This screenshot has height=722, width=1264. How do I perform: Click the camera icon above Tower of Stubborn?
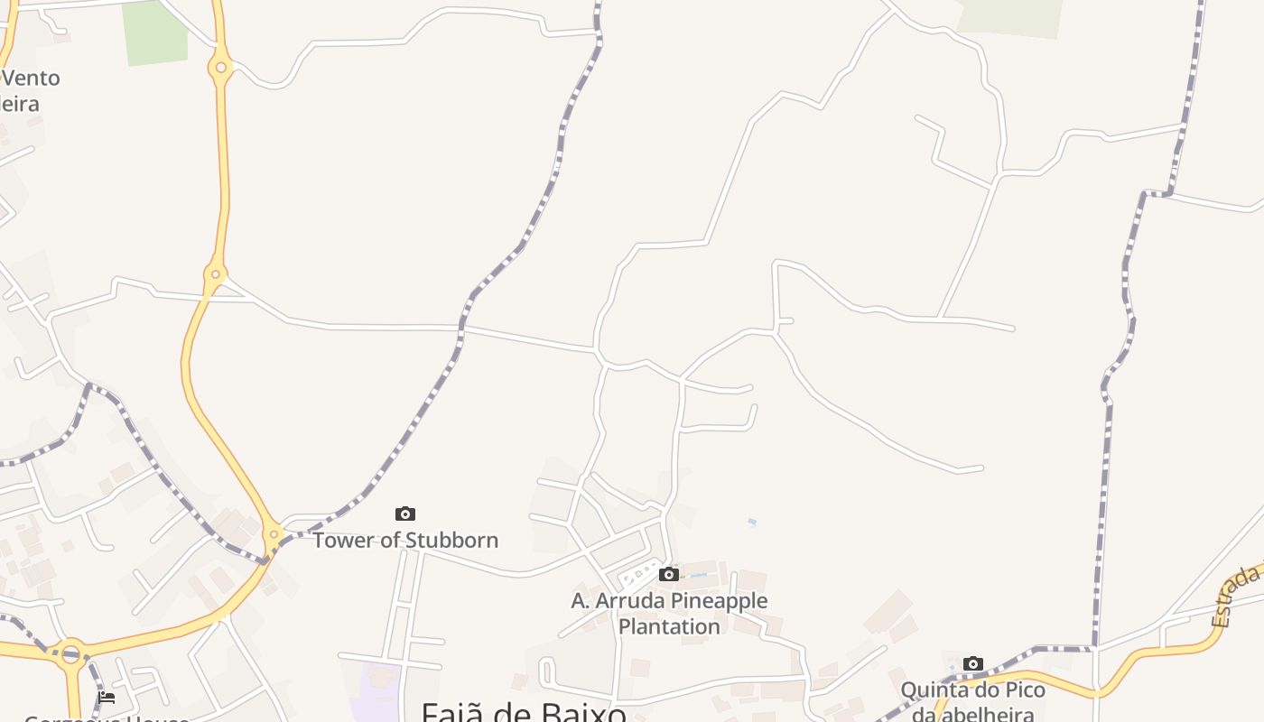click(405, 514)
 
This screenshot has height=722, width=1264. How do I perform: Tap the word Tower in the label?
click(342, 541)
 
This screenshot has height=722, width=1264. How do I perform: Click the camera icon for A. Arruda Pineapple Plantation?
click(669, 575)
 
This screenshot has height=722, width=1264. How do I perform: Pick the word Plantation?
click(669, 626)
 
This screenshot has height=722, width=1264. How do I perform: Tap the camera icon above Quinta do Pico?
click(972, 664)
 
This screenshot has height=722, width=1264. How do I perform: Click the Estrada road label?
click(1235, 597)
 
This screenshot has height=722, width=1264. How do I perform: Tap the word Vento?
click(32, 78)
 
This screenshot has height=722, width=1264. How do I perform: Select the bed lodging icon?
click(107, 697)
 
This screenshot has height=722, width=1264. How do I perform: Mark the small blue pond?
click(751, 522)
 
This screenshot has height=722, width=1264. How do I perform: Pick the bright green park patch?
click(154, 33)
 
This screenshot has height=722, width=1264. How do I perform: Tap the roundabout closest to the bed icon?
click(71, 652)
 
